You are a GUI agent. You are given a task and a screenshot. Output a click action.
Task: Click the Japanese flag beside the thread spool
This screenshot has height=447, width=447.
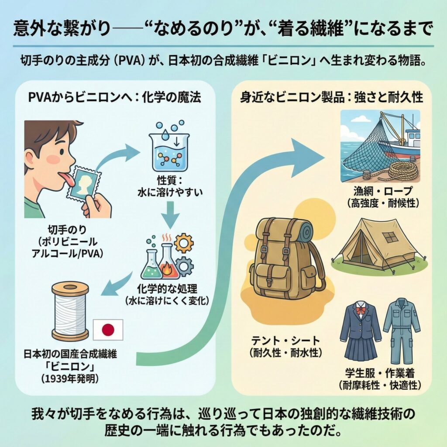click(108, 330)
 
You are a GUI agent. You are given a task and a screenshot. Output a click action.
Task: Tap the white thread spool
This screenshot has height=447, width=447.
click(70, 311)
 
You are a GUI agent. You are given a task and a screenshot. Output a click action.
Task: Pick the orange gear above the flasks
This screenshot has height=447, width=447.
click(183, 242)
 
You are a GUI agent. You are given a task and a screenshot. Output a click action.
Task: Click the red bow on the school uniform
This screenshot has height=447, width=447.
click(360, 311)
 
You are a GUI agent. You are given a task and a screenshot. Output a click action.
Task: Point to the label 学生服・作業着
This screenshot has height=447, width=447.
click(379, 374)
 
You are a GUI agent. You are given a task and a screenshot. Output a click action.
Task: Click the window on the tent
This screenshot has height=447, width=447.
click(389, 237)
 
